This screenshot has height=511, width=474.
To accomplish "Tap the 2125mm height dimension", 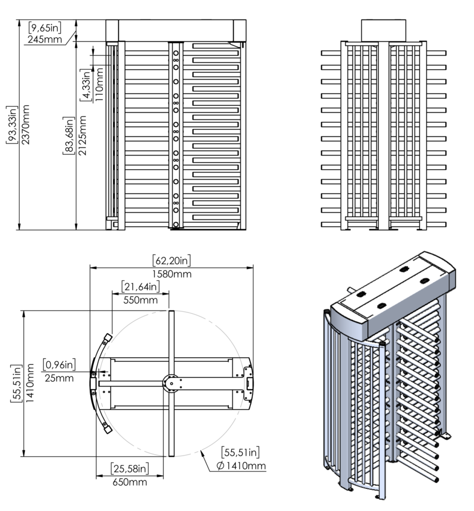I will (82, 135).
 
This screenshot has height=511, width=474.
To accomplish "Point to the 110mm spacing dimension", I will (99, 86).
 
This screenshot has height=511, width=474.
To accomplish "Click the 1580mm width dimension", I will (171, 274).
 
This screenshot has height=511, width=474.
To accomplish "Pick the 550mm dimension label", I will (141, 299).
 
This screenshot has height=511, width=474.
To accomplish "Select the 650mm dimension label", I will (130, 482).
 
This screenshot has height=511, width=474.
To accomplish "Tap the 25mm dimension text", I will (59, 378).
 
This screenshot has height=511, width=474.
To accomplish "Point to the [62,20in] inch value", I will (171, 260).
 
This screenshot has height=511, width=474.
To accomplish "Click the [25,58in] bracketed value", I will (130, 469).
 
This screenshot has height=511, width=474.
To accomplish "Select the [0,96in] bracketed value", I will (59, 364).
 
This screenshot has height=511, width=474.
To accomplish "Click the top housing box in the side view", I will (383, 30).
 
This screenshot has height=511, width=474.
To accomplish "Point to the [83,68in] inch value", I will (68, 135).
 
